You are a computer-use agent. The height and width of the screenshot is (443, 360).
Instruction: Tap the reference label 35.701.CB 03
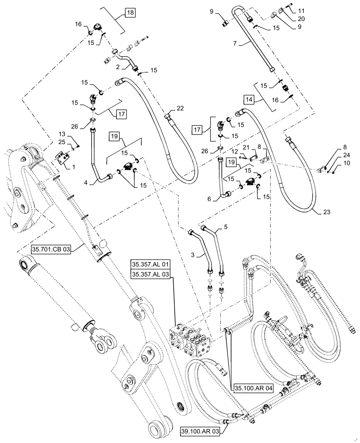pyautogui.click(x=51, y=249)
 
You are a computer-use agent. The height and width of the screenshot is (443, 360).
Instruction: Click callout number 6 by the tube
pyautogui.click(x=215, y=199)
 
